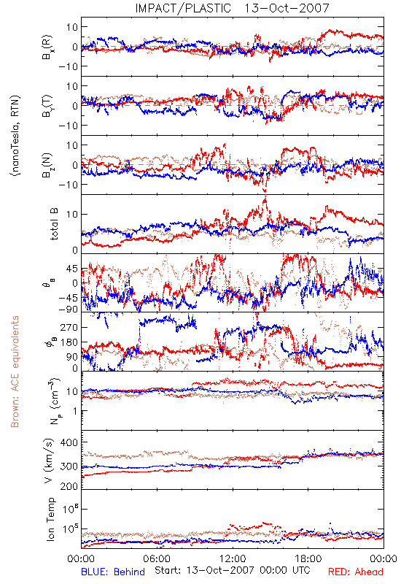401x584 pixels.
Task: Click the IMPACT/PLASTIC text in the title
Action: [x=183, y=8]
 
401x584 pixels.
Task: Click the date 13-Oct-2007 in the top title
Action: [x=287, y=8]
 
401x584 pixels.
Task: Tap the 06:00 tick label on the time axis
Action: [x=157, y=558]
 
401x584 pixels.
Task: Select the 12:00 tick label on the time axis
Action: [x=233, y=558]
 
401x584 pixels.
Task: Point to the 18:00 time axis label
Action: [x=308, y=558]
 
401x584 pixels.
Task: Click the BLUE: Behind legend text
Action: [x=113, y=572]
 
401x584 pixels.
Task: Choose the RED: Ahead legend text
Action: [x=356, y=572]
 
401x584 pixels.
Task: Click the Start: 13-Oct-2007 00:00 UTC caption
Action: [x=231, y=570]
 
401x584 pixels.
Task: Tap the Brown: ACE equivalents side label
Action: [x=15, y=372]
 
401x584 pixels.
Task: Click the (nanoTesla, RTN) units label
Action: [x=15, y=135]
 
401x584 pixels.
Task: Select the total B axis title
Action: [x=54, y=224]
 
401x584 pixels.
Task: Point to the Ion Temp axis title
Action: [x=50, y=519]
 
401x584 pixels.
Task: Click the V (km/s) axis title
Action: [x=49, y=461]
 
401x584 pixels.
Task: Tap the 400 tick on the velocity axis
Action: [x=69, y=442]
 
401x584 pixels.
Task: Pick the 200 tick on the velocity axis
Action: [x=69, y=485]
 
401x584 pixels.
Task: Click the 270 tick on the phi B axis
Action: [x=69, y=327]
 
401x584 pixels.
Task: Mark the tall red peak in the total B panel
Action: [x=265, y=199]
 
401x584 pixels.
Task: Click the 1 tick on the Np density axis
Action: [x=75, y=411]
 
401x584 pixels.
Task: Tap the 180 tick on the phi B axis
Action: [x=69, y=342]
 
